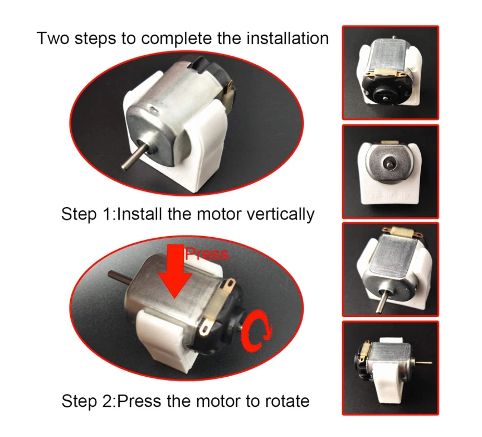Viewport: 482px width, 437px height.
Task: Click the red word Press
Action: (207, 254)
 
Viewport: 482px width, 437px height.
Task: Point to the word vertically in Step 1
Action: (281, 214)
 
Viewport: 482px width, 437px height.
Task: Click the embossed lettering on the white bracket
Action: (390, 195)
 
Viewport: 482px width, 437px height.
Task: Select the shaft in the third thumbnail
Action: (381, 301)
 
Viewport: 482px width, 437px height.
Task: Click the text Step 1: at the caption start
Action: (88, 214)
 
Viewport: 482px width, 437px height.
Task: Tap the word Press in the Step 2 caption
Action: (139, 401)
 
